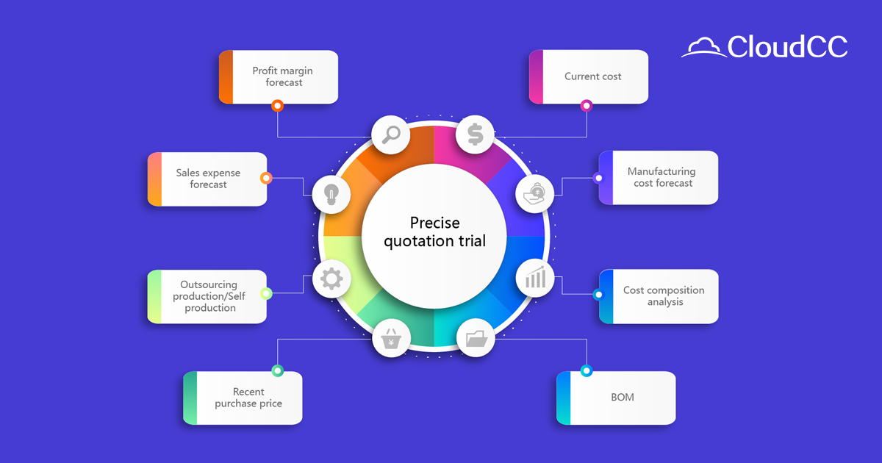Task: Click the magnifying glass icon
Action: point(390,134)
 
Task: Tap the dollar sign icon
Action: point(475,134)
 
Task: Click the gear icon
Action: point(331,279)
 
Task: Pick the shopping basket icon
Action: point(391,340)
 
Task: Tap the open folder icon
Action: point(476,339)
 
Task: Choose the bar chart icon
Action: point(534,278)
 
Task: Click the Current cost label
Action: point(592,76)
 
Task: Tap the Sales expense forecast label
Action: point(208,179)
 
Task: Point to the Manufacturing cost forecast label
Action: point(661,177)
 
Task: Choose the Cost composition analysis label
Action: point(664,296)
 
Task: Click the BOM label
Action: point(622,398)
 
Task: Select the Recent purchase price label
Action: point(248,398)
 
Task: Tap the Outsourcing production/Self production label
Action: point(209,296)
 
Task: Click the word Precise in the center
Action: point(434,223)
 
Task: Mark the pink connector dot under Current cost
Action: point(586,106)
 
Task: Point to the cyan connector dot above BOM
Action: point(586,370)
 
